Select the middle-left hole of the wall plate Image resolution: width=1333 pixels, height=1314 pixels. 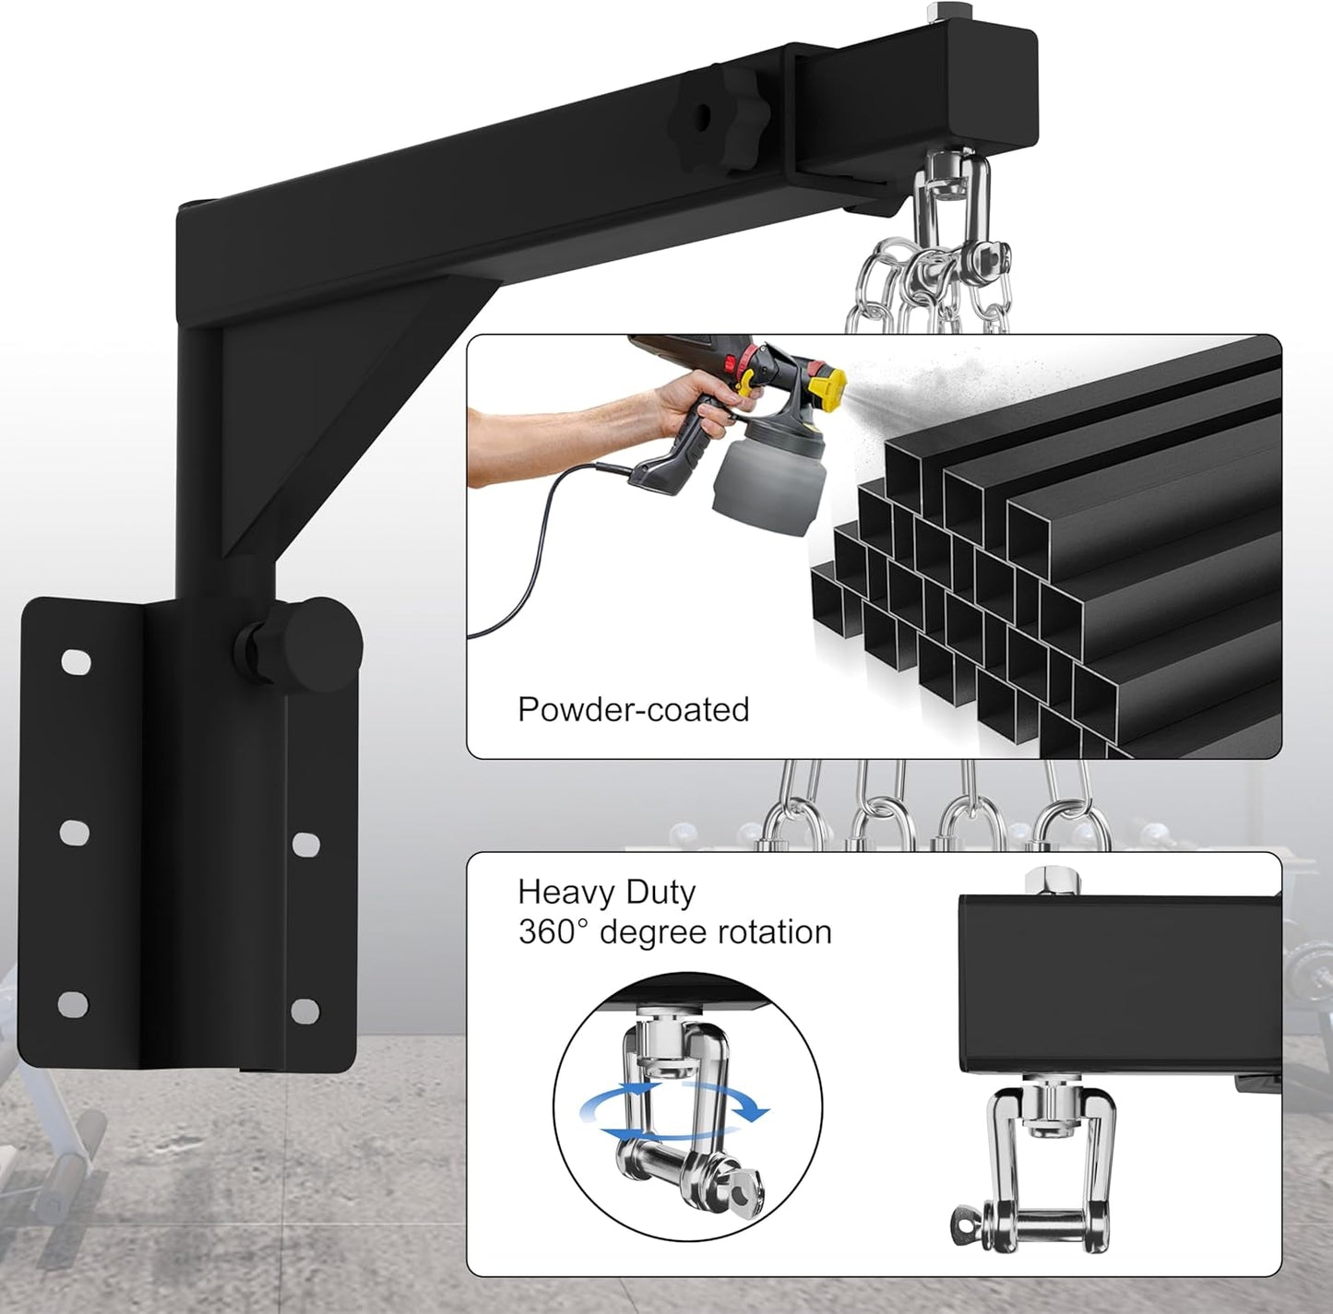(x=75, y=833)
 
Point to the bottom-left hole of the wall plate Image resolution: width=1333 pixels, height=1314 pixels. (x=74, y=1003)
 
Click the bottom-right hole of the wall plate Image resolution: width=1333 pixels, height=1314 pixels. (x=305, y=1011)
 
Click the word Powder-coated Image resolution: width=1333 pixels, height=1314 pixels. (x=633, y=709)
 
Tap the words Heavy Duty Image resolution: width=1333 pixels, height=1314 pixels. (x=606, y=892)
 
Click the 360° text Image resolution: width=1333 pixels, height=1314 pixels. (x=553, y=932)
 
